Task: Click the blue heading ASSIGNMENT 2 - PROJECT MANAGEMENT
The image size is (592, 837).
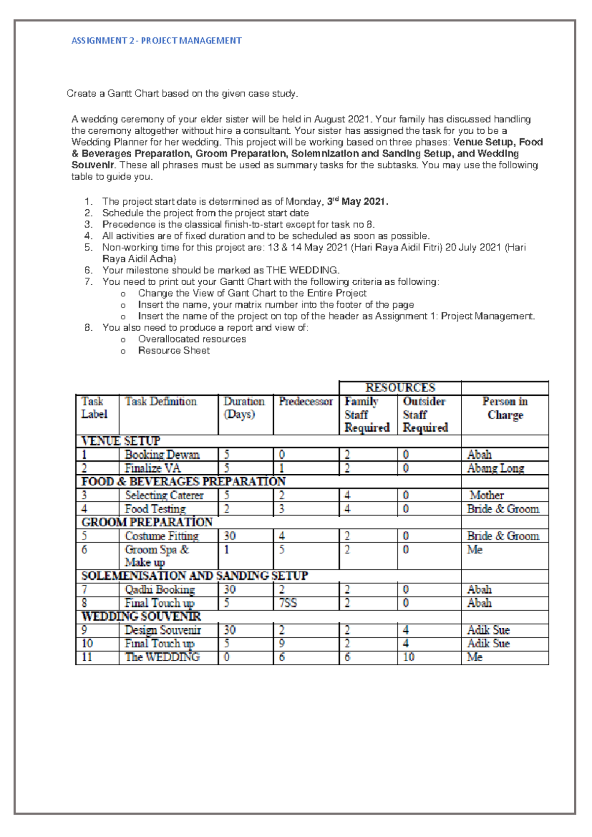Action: (x=156, y=41)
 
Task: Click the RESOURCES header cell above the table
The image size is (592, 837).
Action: (x=400, y=388)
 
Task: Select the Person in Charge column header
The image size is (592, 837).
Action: (x=505, y=409)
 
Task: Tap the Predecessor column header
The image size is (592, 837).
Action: (x=305, y=402)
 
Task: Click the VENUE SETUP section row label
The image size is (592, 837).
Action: (x=121, y=441)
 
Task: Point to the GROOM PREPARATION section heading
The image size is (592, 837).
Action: (x=147, y=522)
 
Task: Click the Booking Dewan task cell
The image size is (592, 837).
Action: (x=162, y=455)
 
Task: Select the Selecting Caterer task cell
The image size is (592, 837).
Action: (x=164, y=495)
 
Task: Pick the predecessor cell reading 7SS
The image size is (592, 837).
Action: (x=288, y=603)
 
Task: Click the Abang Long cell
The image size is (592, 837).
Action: (x=495, y=468)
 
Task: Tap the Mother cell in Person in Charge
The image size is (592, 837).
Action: (x=486, y=495)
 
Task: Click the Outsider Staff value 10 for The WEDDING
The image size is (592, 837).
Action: (x=408, y=657)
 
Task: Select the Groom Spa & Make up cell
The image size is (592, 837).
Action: (x=157, y=556)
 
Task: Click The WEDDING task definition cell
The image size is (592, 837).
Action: (x=162, y=657)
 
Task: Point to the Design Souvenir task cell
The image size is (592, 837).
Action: (x=163, y=630)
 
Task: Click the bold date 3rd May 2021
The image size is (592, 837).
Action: (x=358, y=201)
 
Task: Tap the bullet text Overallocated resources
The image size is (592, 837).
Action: (x=192, y=339)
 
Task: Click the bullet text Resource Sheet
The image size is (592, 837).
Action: (x=174, y=350)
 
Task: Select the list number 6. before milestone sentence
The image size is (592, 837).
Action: (x=88, y=270)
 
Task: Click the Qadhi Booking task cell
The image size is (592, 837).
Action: (x=160, y=590)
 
